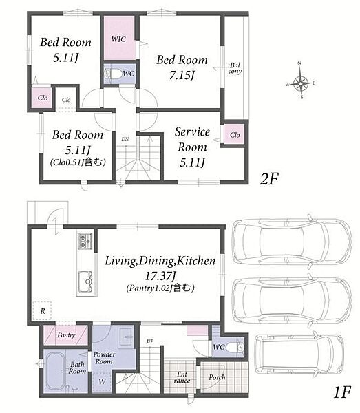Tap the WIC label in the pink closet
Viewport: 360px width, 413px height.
pyautogui.click(x=118, y=39)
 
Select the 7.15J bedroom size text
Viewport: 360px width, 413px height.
pyautogui.click(x=182, y=76)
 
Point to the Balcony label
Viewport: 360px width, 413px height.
pyautogui.click(x=235, y=68)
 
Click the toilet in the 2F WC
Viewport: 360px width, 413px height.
pyautogui.click(x=113, y=74)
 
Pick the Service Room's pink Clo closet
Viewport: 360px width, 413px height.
pyautogui.click(x=235, y=134)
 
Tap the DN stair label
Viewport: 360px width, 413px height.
pyautogui.click(x=125, y=139)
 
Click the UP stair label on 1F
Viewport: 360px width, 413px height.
pyautogui.click(x=150, y=341)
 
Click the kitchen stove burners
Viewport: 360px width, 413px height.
pyautogui.click(x=85, y=241)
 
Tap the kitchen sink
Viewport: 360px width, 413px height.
pyautogui.click(x=85, y=282)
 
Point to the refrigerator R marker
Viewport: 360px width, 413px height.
pyautogui.click(x=43, y=311)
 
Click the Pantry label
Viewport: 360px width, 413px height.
pyautogui.click(x=66, y=335)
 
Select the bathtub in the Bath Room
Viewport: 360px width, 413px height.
pyautogui.click(x=55, y=371)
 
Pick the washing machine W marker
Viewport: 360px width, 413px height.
pyautogui.click(x=102, y=381)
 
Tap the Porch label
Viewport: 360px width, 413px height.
pyautogui.click(x=217, y=377)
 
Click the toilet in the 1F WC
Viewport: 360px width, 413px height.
pyautogui.click(x=235, y=347)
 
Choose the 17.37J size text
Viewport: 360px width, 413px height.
pyautogui.click(x=160, y=276)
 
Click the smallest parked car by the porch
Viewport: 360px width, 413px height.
pyautogui.click(x=299, y=354)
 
